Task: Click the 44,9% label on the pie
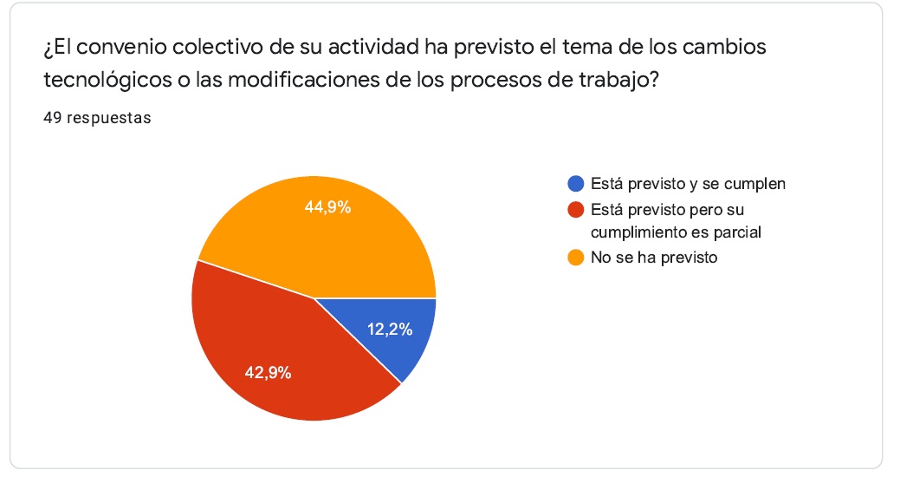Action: (x=328, y=207)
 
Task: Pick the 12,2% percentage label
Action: (x=390, y=329)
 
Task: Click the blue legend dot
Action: (x=575, y=184)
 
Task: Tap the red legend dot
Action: (x=575, y=211)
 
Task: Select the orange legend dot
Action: (x=575, y=258)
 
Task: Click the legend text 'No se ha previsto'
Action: (x=654, y=258)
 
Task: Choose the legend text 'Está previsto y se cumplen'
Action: (x=688, y=184)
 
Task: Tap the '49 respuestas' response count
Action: (x=97, y=119)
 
